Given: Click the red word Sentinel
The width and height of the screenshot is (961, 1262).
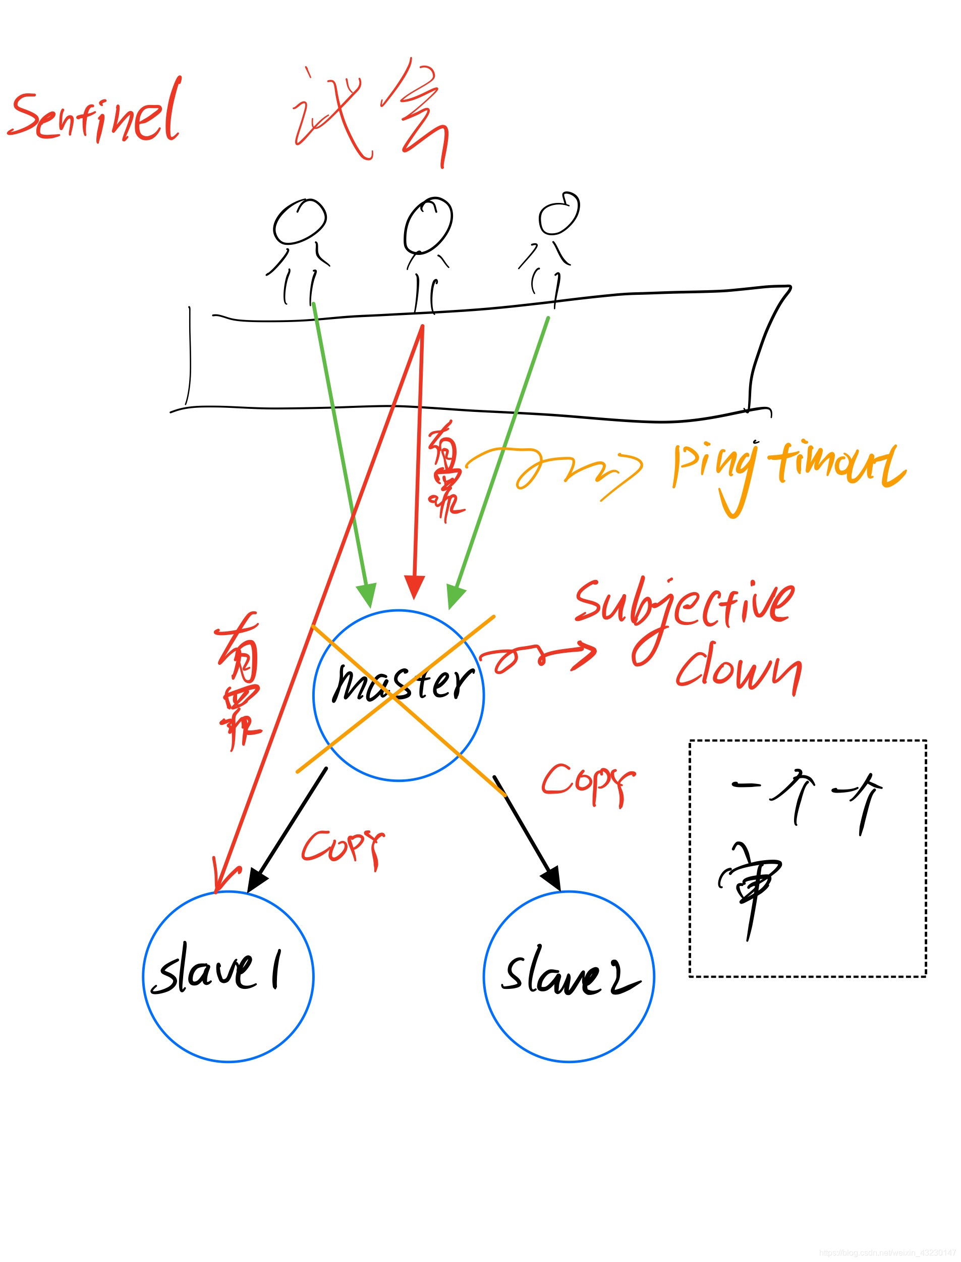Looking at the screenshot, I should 94,115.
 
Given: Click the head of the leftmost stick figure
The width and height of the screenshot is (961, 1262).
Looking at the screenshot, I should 299,222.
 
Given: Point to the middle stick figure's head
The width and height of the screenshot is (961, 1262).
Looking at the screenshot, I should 428,225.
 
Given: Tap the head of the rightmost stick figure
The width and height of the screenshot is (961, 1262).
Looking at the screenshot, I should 559,214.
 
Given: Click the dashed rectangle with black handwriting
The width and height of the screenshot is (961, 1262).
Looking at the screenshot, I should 807,859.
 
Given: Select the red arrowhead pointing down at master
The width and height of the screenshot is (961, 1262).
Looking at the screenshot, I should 414,587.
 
